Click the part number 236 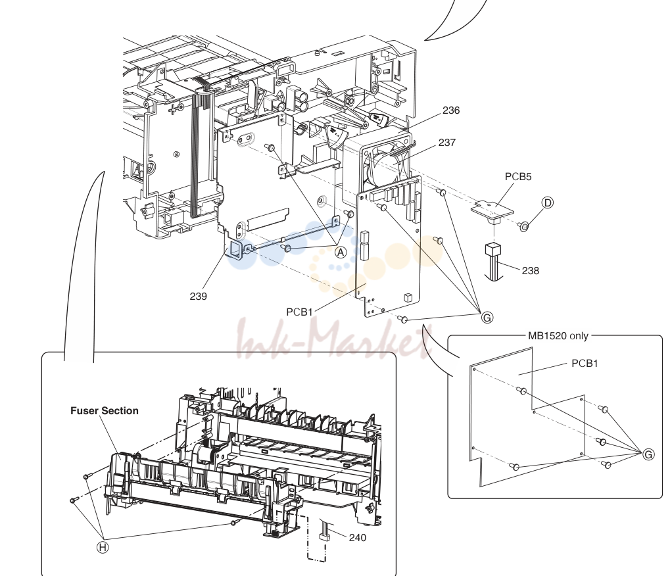451,110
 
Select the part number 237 446,142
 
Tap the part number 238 530,270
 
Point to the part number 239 198,296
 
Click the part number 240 358,537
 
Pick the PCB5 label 517,177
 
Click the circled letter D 547,203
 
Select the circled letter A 341,252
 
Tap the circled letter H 103,547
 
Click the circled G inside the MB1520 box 648,454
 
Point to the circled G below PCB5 487,318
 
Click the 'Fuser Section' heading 105,410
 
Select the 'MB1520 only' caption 558,336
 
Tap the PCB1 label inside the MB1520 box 585,364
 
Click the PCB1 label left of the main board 299,312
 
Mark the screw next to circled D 523,226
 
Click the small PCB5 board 493,210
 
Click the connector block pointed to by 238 493,251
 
